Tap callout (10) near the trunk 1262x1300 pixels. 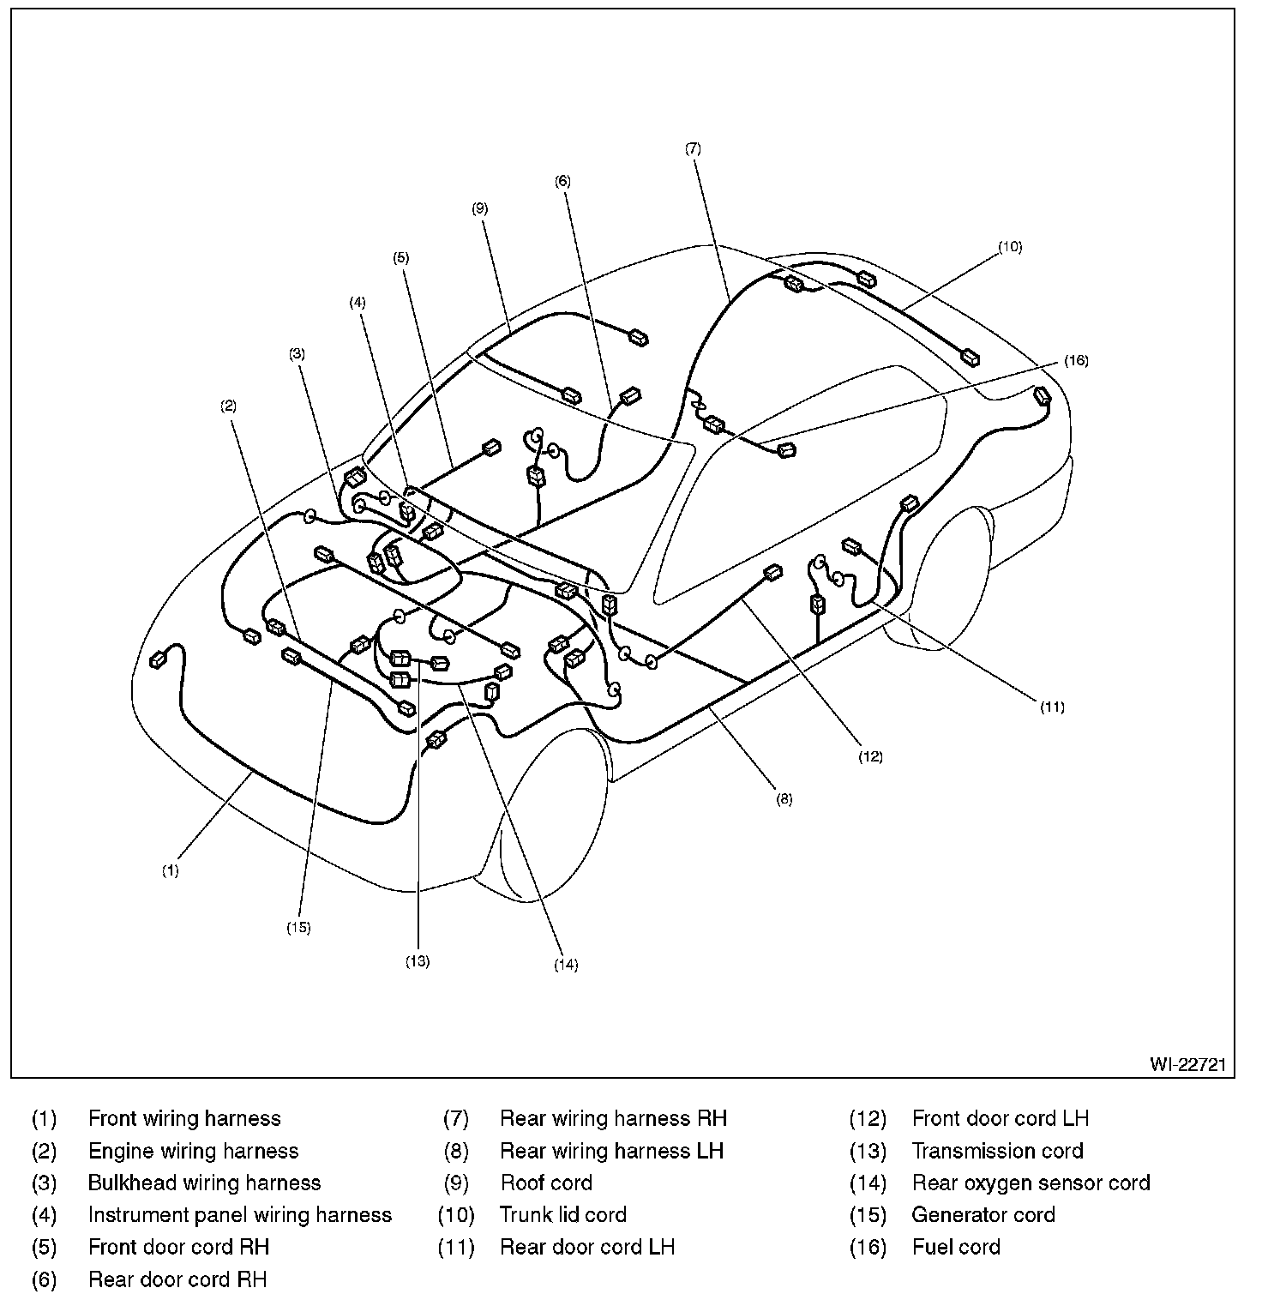[1010, 247]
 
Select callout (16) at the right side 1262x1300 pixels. [1076, 361]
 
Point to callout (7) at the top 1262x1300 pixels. [693, 148]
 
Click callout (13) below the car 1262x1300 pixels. [418, 961]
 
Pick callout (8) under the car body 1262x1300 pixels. [784, 799]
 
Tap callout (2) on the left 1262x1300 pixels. [228, 406]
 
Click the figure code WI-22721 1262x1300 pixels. [1188, 1064]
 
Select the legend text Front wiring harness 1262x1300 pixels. [184, 1118]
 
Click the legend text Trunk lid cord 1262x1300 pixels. [562, 1214]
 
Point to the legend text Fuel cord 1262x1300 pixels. [955, 1247]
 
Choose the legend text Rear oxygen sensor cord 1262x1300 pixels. [1030, 1183]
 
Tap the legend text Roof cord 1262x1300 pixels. [546, 1183]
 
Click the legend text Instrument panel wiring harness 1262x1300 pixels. [240, 1214]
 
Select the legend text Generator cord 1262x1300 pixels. [983, 1214]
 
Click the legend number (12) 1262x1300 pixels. [868, 1118]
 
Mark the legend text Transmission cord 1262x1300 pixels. [997, 1151]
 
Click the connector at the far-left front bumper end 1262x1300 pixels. [159, 659]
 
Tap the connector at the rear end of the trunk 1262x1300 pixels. [1043, 395]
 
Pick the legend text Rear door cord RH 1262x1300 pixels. [177, 1279]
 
